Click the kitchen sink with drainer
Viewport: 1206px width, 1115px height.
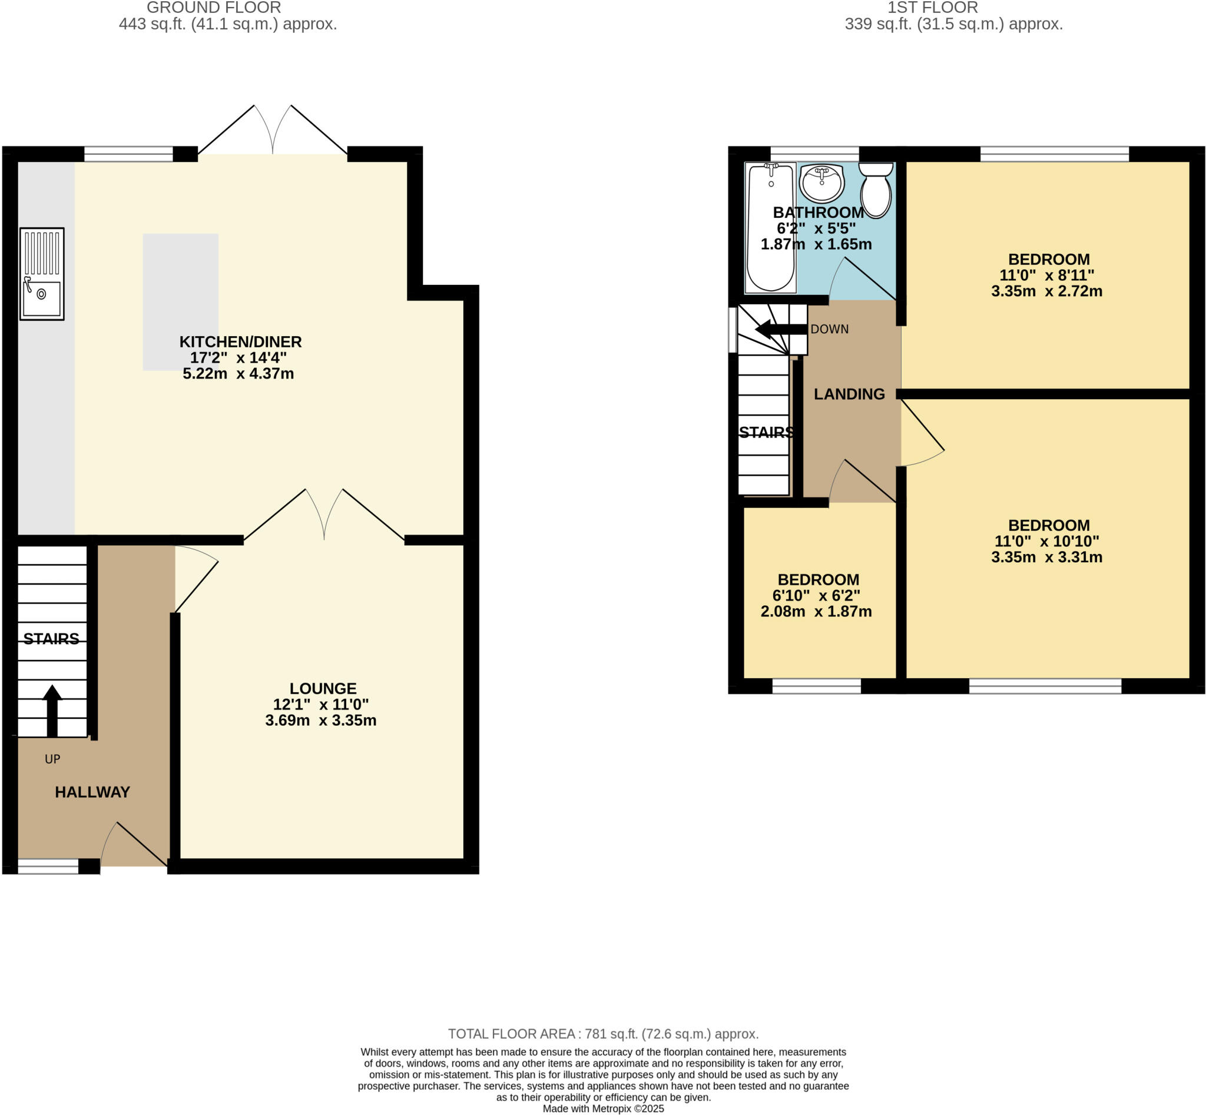(x=42, y=273)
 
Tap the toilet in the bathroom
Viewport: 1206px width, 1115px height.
(x=875, y=190)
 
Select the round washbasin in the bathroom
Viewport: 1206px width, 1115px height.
(x=821, y=182)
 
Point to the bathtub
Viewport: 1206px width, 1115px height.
(x=770, y=228)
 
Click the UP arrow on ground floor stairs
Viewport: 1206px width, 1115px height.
(x=52, y=710)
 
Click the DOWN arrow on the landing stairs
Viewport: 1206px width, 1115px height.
(x=781, y=330)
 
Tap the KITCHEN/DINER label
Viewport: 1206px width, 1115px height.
(x=240, y=341)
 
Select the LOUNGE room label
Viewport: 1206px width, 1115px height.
(x=323, y=688)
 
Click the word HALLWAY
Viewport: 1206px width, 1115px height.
(x=92, y=792)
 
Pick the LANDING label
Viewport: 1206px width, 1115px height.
(x=849, y=394)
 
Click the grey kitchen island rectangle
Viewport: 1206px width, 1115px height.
(x=180, y=301)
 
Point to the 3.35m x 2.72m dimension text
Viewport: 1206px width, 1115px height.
(x=1046, y=291)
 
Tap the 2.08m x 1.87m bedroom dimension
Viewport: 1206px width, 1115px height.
(x=816, y=612)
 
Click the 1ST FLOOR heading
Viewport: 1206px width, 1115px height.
(x=932, y=8)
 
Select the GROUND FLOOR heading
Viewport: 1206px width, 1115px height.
(x=214, y=8)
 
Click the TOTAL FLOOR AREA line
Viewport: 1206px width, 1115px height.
(x=603, y=1034)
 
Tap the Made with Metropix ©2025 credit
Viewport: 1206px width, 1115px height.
(x=603, y=1109)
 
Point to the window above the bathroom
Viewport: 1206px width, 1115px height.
(x=814, y=154)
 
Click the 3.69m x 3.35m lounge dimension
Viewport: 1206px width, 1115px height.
(x=320, y=721)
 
